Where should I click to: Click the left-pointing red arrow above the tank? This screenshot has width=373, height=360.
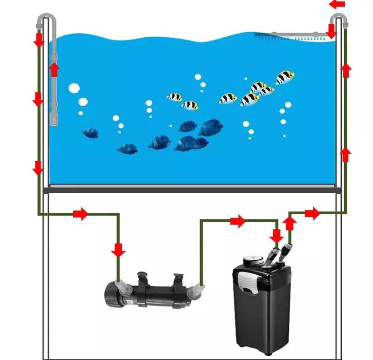click(x=338, y=4)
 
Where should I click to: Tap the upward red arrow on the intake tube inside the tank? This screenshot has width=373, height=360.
click(x=55, y=70)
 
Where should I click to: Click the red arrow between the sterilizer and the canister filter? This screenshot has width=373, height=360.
click(x=237, y=221)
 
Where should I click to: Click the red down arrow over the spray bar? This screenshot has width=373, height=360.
click(x=332, y=31)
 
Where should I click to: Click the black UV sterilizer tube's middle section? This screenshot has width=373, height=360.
click(x=157, y=294)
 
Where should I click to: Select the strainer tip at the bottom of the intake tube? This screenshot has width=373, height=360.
click(x=54, y=120)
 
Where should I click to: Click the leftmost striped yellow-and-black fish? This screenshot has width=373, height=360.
click(x=175, y=97)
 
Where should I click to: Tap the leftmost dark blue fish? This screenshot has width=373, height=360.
click(x=90, y=134)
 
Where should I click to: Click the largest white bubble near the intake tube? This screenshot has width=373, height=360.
click(x=74, y=88)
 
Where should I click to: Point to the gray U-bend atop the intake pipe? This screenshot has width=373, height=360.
click(x=47, y=19)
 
